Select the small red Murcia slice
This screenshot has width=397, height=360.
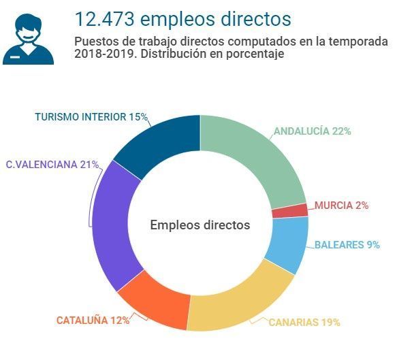(x=290, y=211)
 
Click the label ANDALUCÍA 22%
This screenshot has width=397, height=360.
(x=313, y=131)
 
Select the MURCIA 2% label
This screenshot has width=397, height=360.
(x=342, y=206)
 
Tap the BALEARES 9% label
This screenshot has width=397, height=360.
(x=347, y=245)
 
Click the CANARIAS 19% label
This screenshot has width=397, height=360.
(x=304, y=323)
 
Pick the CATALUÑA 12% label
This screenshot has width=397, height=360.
(x=93, y=321)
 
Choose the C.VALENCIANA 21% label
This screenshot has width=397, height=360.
(x=52, y=165)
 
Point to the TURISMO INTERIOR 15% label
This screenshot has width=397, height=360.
(x=91, y=117)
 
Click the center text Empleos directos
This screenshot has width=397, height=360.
(x=200, y=225)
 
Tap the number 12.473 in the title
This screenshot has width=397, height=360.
(x=104, y=19)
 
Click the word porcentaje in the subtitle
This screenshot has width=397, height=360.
(x=255, y=54)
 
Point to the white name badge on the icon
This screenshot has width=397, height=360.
(x=15, y=57)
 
